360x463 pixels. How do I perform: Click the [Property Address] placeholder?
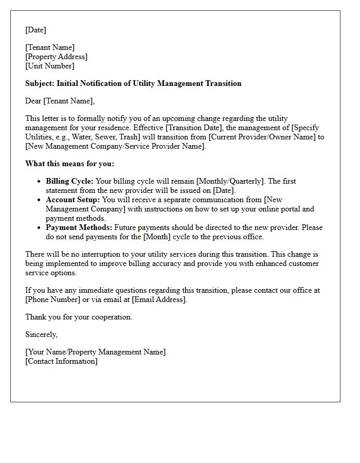pyautogui.click(x=56, y=57)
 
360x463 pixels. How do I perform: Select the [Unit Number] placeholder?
pyautogui.click(x=49, y=66)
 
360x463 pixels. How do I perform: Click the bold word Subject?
pyautogui.click(x=40, y=83)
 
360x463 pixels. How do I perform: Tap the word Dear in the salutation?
pyautogui.click(x=34, y=101)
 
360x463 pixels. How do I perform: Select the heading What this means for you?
pyautogui.click(x=69, y=164)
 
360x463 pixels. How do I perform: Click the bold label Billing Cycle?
pyautogui.click(x=69, y=181)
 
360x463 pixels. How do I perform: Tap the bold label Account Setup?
pyautogui.click(x=73, y=200)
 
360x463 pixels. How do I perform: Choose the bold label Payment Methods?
pyautogui.click(x=79, y=227)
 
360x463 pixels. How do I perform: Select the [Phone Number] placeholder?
pyautogui.click(x=50, y=299)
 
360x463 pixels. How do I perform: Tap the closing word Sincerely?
pyautogui.click(x=41, y=334)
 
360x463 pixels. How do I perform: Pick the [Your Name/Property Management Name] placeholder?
pyautogui.click(x=95, y=352)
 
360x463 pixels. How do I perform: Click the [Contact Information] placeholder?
pyautogui.click(x=61, y=361)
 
